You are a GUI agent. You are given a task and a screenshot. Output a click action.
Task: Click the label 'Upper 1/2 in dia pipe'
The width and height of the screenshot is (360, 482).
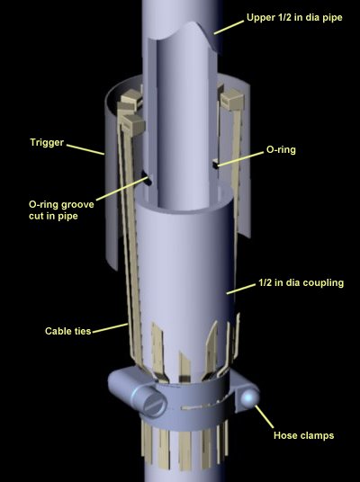pos(294,17)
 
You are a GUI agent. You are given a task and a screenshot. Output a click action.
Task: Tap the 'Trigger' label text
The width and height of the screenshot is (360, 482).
pos(47,142)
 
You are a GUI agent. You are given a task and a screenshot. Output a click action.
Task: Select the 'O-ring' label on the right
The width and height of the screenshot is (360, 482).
pos(281,149)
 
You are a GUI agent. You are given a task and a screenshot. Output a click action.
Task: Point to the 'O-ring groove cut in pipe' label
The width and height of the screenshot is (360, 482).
pos(61,210)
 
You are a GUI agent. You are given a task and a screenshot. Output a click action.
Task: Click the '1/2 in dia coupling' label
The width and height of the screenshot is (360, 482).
pos(301,282)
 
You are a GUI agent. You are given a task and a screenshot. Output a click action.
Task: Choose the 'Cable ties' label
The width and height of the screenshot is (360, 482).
pos(68,331)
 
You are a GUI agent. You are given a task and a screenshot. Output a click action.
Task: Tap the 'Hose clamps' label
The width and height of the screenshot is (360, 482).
pos(303,435)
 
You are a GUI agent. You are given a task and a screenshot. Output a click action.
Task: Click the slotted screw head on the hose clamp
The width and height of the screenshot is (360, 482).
pos(154,404)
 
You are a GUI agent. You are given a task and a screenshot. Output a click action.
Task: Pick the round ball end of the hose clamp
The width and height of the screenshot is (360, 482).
pos(249,397)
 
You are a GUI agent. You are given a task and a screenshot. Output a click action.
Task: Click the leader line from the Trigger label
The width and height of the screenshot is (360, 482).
pos(85,149)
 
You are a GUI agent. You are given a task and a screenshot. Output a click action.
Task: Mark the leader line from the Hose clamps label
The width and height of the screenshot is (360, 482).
pos(264,416)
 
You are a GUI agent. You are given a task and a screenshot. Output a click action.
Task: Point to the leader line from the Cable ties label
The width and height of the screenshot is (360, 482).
pos(110,327)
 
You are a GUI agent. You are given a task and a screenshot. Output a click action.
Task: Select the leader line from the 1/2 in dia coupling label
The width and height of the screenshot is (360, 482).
pos(241,290)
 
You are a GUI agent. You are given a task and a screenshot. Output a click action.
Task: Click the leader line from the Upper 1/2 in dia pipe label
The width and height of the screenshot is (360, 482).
pos(229,27)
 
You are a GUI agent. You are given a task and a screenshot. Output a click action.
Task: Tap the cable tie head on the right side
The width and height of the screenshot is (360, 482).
pos(232,100)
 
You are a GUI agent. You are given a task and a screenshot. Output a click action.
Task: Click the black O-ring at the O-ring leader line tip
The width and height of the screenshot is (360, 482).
pos(215,165)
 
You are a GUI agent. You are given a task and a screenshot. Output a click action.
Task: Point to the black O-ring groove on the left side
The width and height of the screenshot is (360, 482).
pos(147,179)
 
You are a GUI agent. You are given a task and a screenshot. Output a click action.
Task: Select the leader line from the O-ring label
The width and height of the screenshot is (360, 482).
pos(240,159)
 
